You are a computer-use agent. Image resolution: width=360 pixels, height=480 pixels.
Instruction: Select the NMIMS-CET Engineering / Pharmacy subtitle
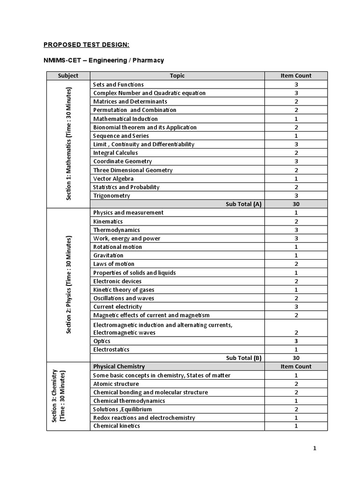click(x=104, y=60)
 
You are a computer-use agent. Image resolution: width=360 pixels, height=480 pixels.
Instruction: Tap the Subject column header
click(x=68, y=75)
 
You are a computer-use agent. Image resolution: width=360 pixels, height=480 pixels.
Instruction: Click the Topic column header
click(x=177, y=75)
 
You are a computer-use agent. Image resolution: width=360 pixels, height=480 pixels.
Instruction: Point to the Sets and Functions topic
click(x=119, y=84)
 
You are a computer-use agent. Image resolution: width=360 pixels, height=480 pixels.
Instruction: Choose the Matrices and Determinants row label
click(x=130, y=101)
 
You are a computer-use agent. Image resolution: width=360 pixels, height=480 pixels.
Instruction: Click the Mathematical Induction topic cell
click(x=125, y=119)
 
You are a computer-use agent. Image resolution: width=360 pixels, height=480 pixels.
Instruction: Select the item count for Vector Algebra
click(x=296, y=179)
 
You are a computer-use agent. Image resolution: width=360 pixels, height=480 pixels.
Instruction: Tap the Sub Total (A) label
click(x=243, y=204)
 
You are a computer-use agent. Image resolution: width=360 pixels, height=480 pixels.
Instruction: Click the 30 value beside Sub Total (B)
click(x=296, y=358)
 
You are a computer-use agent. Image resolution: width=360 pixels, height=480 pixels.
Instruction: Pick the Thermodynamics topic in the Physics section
click(x=117, y=230)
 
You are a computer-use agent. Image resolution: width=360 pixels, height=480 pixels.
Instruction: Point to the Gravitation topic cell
click(x=108, y=255)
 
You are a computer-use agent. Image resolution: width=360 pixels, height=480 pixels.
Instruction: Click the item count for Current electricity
click(x=296, y=307)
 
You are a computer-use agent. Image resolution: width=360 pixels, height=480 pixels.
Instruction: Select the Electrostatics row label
click(x=111, y=349)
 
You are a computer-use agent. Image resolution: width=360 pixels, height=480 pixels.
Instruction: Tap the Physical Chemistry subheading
click(x=119, y=367)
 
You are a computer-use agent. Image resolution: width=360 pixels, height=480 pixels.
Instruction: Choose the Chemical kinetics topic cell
click(x=117, y=426)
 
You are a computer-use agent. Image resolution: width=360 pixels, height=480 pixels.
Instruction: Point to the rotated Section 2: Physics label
click(x=68, y=285)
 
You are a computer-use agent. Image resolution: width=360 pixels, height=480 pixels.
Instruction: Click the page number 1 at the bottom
click(x=315, y=448)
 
